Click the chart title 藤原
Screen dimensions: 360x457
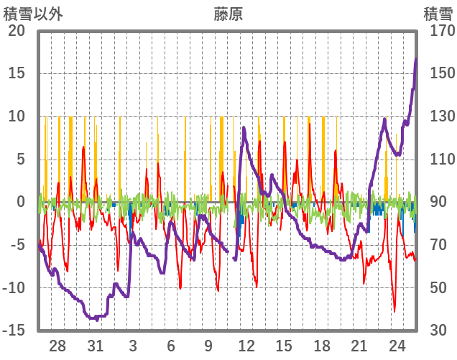pos(228,14)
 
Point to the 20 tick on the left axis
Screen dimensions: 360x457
pos(17,31)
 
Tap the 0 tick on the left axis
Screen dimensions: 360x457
pos(21,202)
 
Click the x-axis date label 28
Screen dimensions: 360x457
pos(58,345)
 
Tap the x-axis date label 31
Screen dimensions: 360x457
pos(96,345)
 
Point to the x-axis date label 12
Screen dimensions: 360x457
pos(246,345)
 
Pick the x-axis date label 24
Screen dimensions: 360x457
pos(397,345)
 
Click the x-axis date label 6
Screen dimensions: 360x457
pos(171,345)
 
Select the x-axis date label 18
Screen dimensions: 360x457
pos(322,345)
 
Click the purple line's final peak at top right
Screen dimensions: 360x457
pos(415,59)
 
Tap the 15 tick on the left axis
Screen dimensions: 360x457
pos(17,73)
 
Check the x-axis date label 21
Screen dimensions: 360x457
pos(359,345)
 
